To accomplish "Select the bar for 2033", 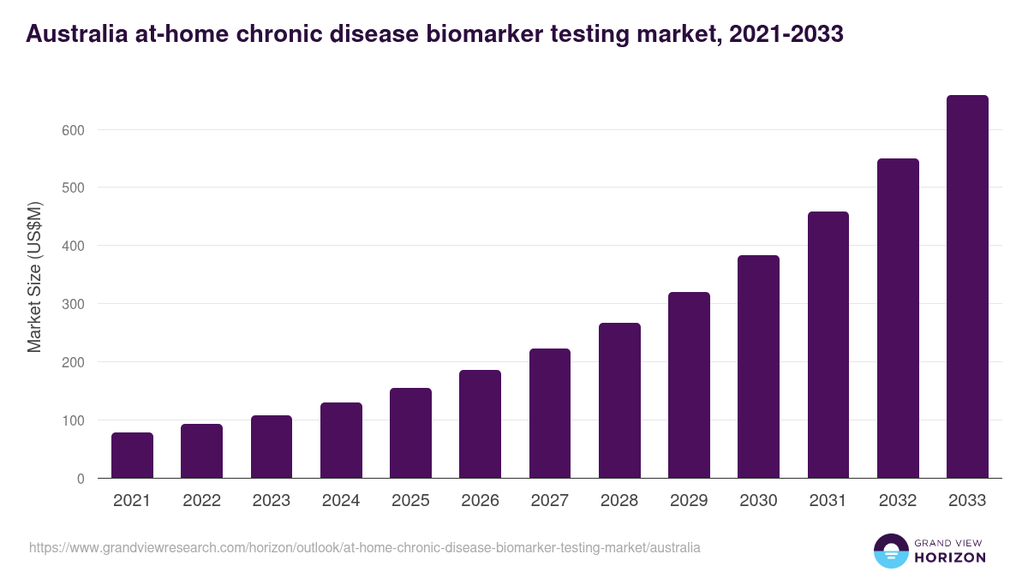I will point(967,287).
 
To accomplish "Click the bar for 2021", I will point(132,456).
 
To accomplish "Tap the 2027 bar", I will point(550,414).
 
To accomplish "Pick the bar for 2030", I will point(758,366).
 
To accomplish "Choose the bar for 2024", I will point(341,440).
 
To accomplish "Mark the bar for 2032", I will point(898,319).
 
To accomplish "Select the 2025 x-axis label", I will point(410,501).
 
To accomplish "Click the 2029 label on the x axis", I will point(689,501).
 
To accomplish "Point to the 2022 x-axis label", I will point(201,501).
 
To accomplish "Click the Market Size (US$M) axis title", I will point(34,276).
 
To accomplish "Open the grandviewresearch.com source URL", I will point(365,547).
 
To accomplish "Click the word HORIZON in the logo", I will point(949,557).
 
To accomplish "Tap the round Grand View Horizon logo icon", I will point(891,551).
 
